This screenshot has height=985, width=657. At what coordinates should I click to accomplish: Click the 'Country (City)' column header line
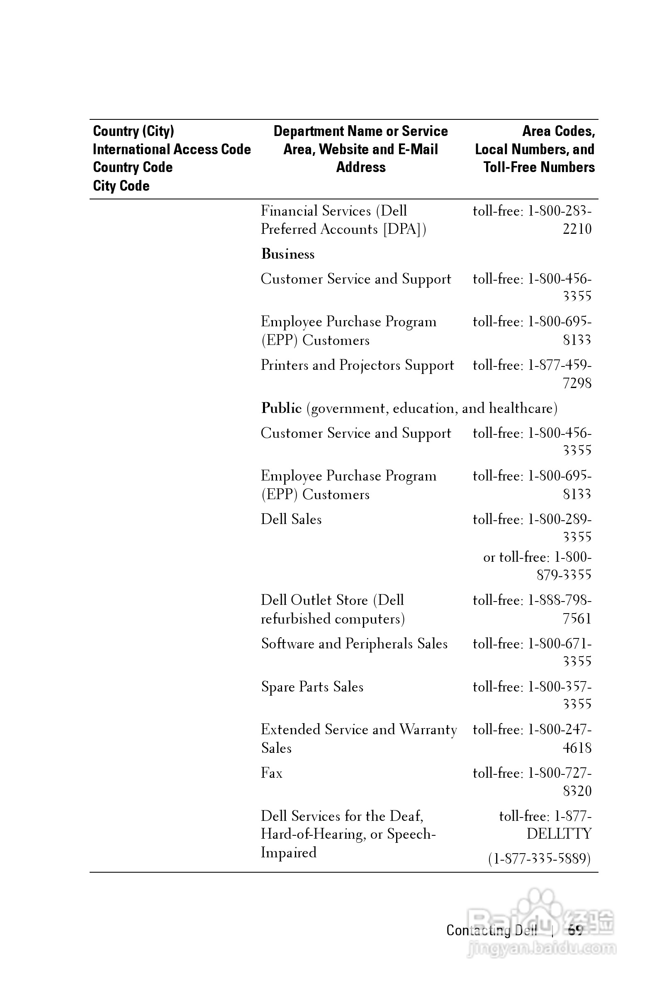[133, 131]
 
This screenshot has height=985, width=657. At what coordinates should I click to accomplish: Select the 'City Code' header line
[121, 186]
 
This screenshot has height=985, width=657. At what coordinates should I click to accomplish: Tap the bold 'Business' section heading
[287, 254]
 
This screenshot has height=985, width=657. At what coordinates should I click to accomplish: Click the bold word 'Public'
[281, 408]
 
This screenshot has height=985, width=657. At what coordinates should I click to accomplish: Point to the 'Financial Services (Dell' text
[333, 211]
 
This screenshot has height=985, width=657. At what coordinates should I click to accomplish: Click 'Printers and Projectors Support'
[357, 365]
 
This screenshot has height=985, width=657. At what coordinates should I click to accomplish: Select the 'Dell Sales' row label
[291, 519]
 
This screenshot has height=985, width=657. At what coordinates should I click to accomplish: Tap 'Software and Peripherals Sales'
[354, 644]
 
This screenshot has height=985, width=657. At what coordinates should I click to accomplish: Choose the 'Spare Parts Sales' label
[312, 687]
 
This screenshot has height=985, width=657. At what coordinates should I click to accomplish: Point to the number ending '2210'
[577, 229]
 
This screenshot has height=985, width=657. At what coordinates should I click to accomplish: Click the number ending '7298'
[577, 383]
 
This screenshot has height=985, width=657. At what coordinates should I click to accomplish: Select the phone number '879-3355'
[564, 575]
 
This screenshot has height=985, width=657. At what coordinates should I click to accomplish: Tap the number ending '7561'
[577, 619]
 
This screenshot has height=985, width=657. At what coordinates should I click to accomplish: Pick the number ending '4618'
[577, 748]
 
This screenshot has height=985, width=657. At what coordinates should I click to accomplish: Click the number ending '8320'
[577, 791]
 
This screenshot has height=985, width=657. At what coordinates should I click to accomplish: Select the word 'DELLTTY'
[559, 834]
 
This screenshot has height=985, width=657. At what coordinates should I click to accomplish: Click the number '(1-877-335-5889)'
[539, 859]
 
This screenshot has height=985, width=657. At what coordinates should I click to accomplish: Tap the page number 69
[575, 931]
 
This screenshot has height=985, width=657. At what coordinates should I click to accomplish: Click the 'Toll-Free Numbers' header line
[539, 167]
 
